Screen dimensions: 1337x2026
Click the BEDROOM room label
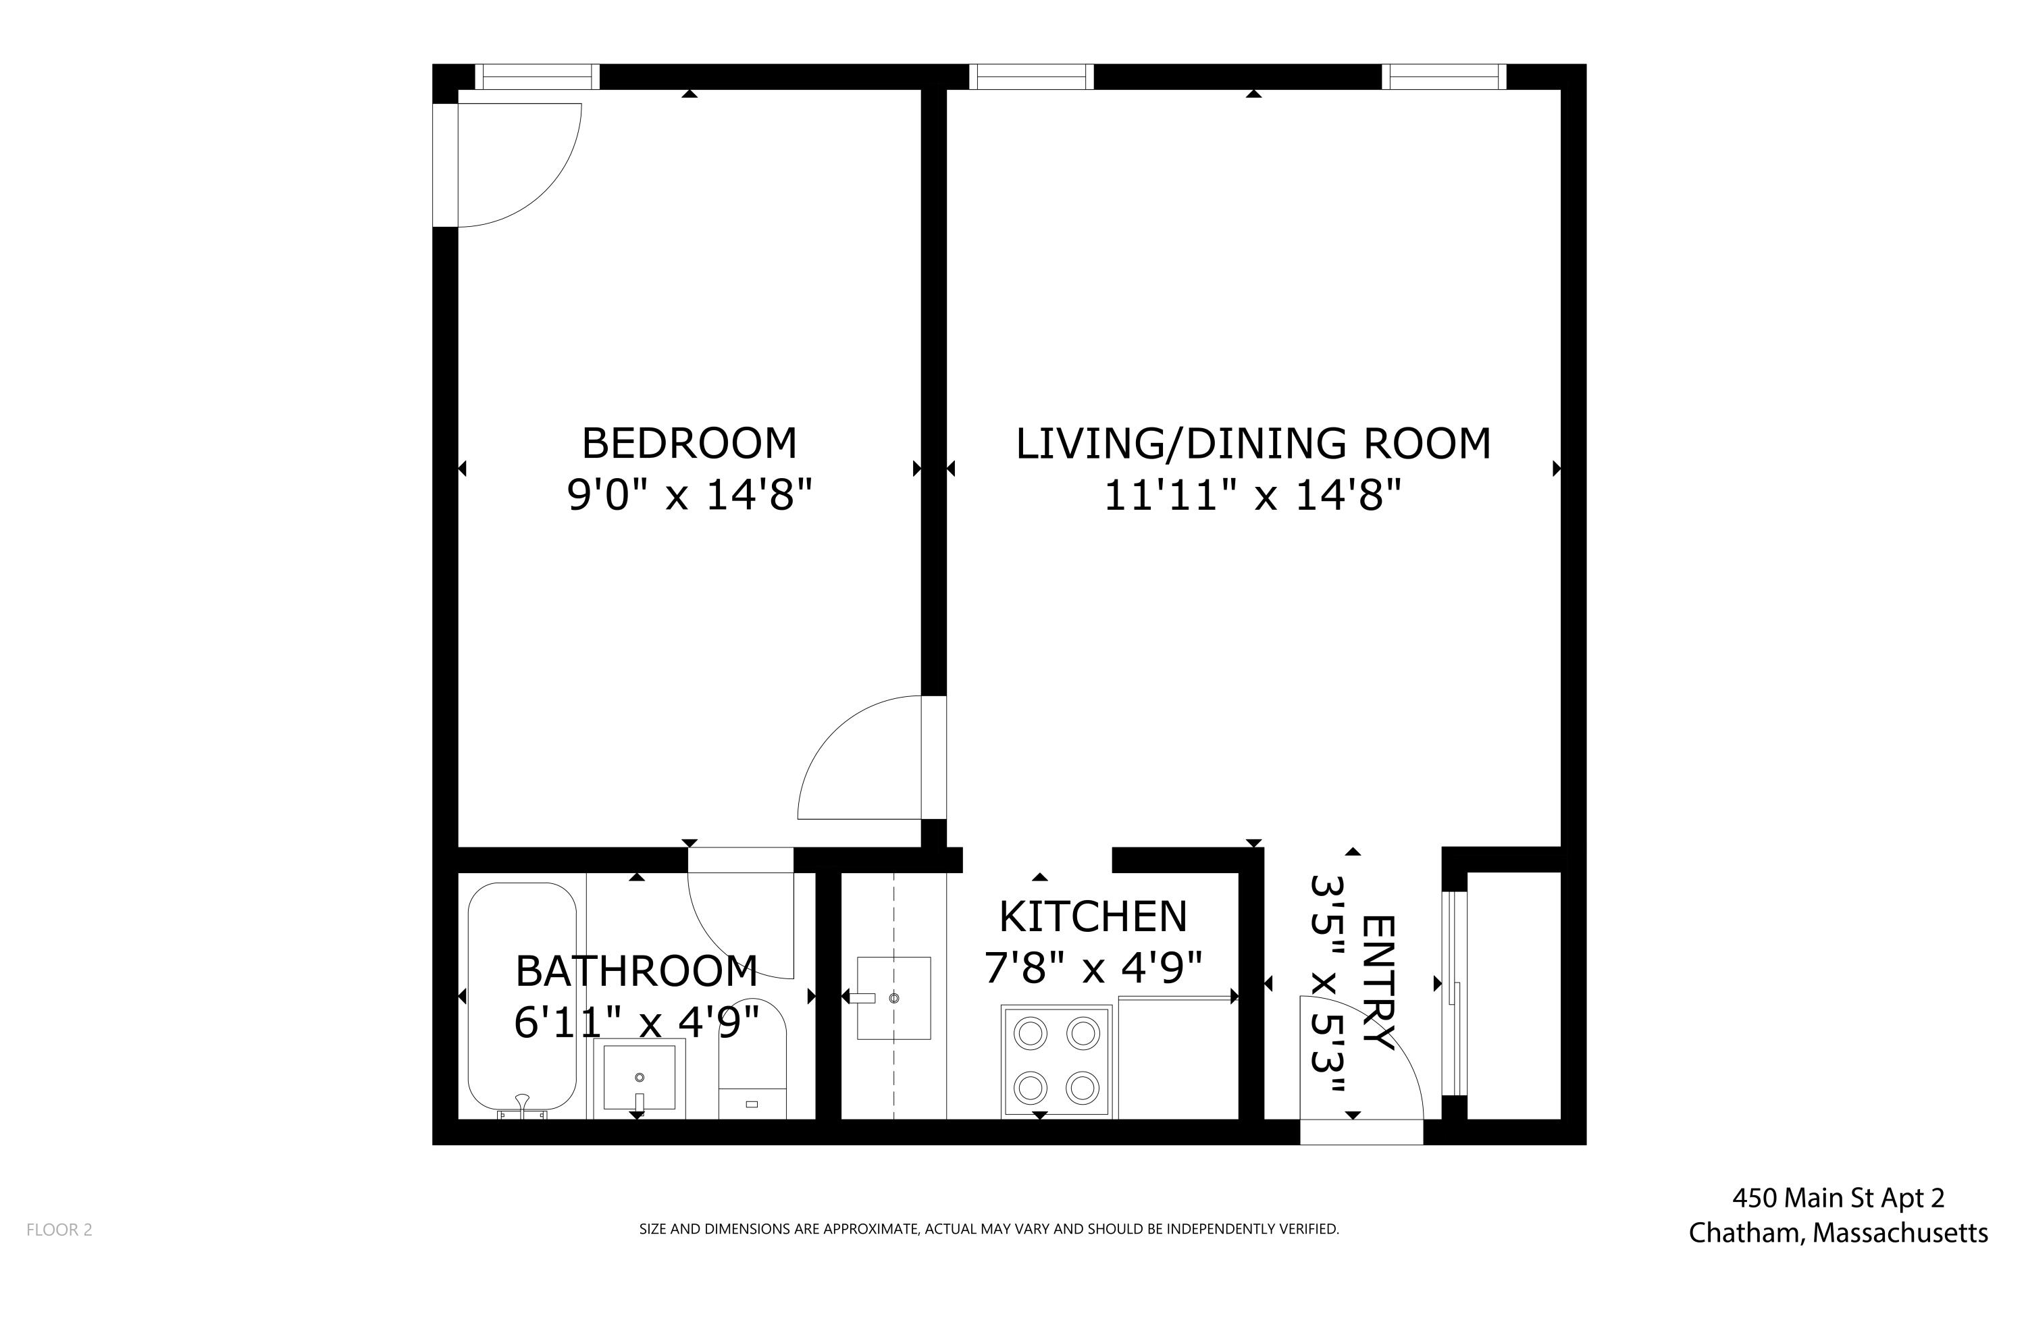click(x=689, y=444)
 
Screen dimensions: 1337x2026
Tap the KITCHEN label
click(x=1092, y=916)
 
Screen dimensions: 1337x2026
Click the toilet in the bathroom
click(x=752, y=1061)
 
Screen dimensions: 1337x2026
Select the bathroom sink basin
click(x=640, y=1077)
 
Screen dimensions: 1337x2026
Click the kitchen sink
click(x=893, y=997)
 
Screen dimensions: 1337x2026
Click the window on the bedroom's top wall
click(x=537, y=77)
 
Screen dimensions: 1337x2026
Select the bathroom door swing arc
click(x=740, y=925)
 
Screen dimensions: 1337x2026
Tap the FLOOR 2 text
click(x=59, y=1230)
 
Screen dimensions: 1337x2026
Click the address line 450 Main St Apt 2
click(x=1838, y=1199)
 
